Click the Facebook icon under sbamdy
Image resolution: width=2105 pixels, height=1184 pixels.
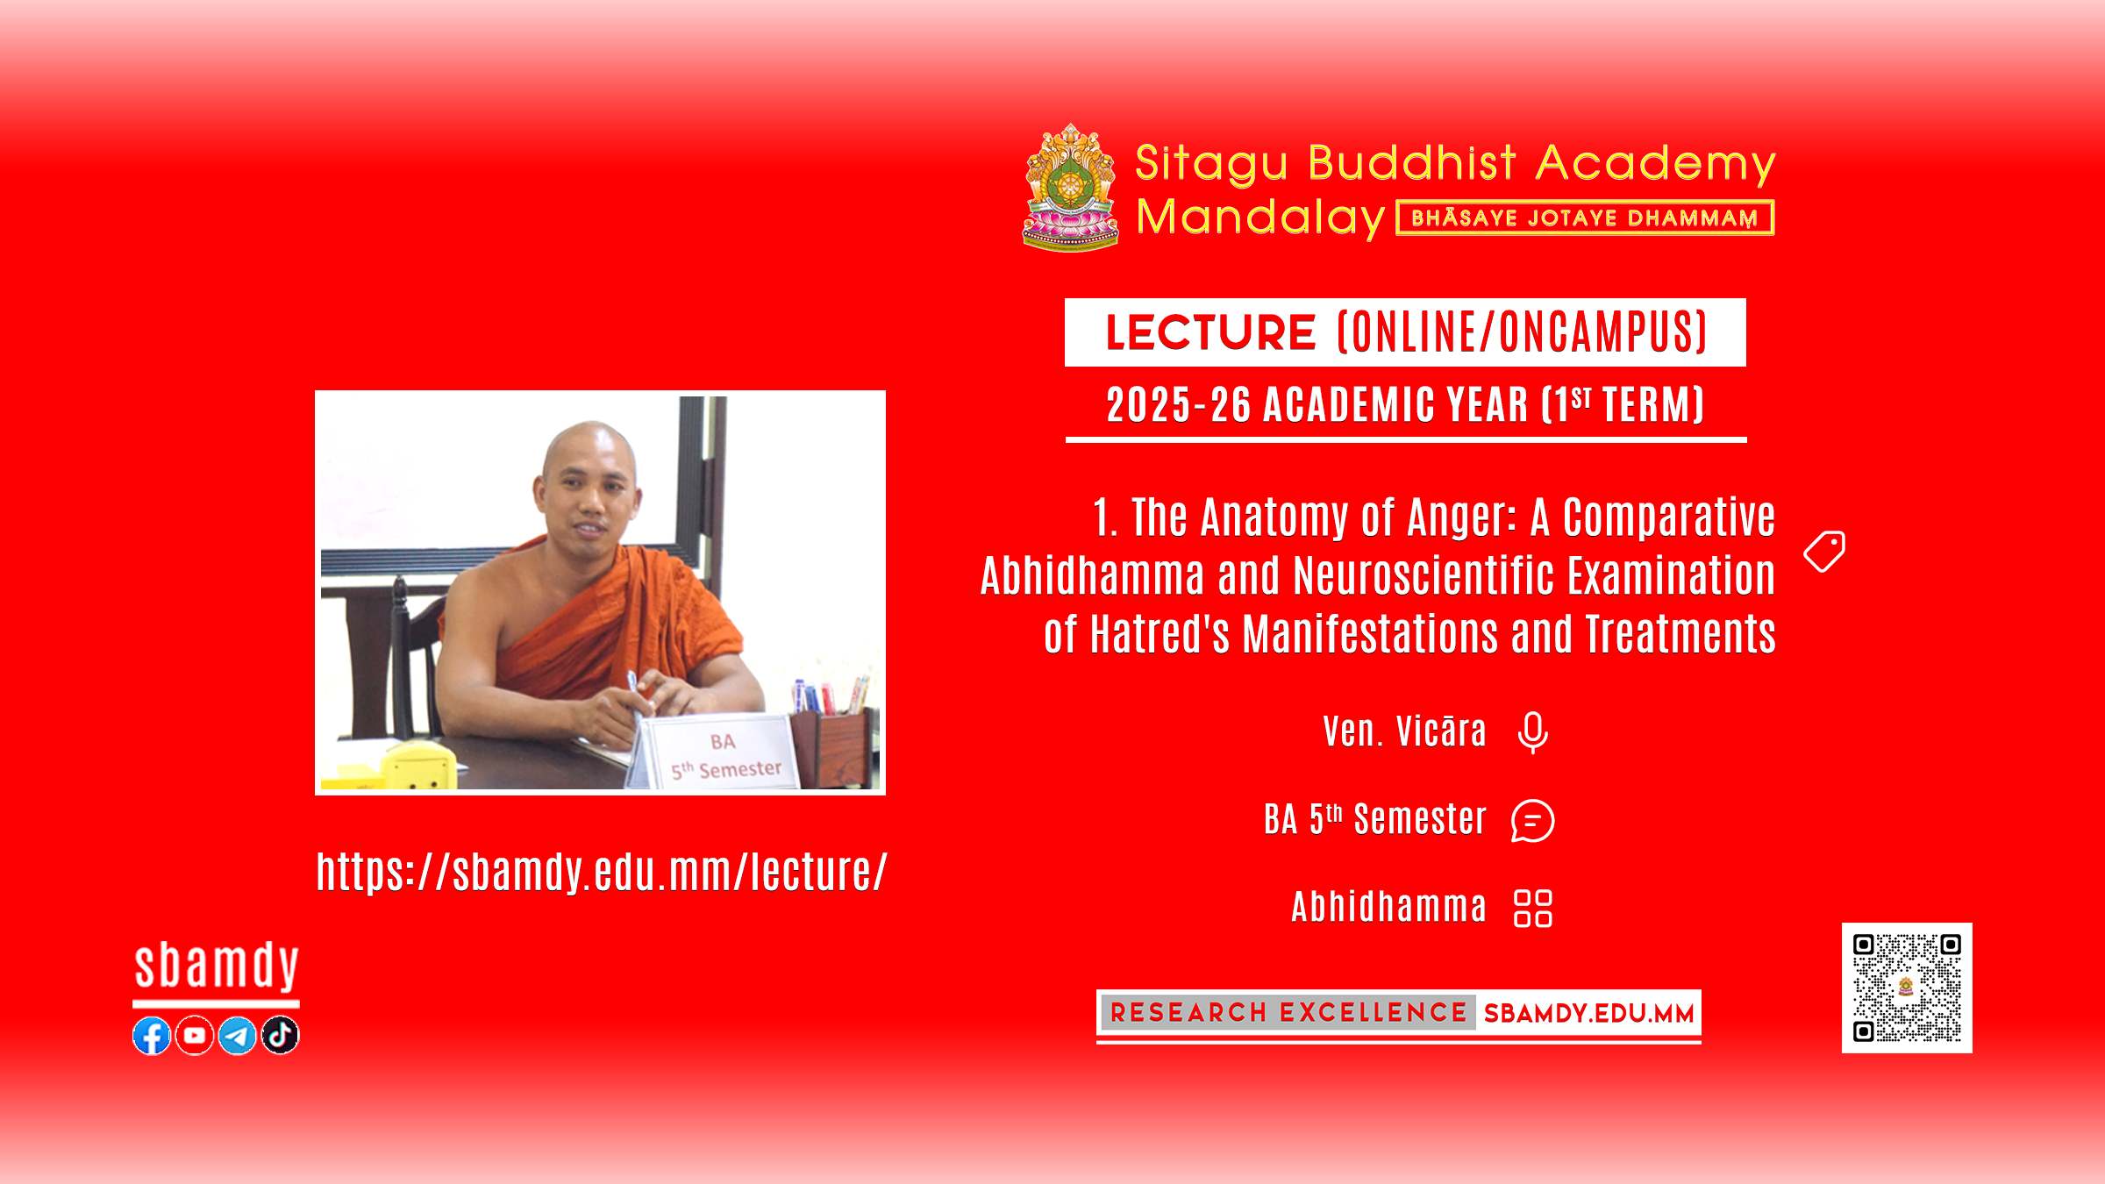pos(152,1036)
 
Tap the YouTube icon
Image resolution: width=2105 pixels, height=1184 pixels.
pos(195,1036)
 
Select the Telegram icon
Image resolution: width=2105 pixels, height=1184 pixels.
pos(237,1036)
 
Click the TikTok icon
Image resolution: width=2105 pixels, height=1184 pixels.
pos(280,1036)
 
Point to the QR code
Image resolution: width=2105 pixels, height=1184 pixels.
pos(1907,988)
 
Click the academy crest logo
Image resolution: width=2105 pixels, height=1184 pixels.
pos(1070,187)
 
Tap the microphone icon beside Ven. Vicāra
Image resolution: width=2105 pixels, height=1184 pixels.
pos(1533,732)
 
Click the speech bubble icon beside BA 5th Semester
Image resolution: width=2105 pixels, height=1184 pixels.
pos(1533,821)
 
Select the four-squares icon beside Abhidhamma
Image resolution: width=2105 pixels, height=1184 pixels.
pos(1533,909)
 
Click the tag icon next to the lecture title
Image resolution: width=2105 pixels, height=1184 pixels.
pos(1824,552)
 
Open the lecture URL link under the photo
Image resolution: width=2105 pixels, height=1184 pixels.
pos(602,872)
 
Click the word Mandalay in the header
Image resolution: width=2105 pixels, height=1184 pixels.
pos(1260,217)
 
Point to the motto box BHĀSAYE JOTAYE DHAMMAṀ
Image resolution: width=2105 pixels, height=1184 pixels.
pos(1585,218)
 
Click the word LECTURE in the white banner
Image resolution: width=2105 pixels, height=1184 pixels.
pos(1210,332)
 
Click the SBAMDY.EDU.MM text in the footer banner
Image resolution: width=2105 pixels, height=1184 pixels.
pos(1588,1014)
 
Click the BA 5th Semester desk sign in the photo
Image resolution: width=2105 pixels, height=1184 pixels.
pos(723,753)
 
